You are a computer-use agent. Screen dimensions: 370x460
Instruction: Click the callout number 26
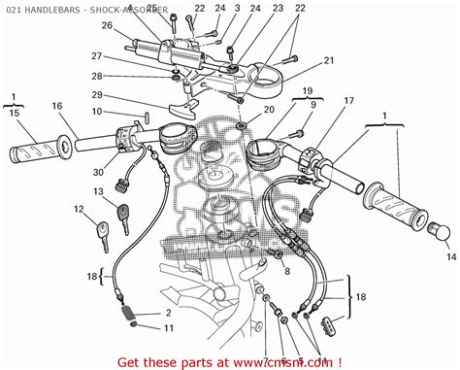[x=107, y=25]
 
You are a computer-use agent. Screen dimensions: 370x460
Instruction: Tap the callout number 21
[x=328, y=60]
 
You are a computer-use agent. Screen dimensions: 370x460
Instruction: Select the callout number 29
[x=97, y=94]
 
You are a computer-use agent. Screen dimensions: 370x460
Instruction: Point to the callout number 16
[x=56, y=107]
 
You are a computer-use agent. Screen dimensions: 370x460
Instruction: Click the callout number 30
[x=99, y=173]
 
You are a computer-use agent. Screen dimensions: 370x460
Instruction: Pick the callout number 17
[x=348, y=100]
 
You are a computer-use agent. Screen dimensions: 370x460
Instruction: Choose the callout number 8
[x=287, y=274]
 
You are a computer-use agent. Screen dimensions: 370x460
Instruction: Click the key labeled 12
[x=102, y=231]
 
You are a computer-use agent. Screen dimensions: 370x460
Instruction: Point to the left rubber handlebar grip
[x=39, y=151]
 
